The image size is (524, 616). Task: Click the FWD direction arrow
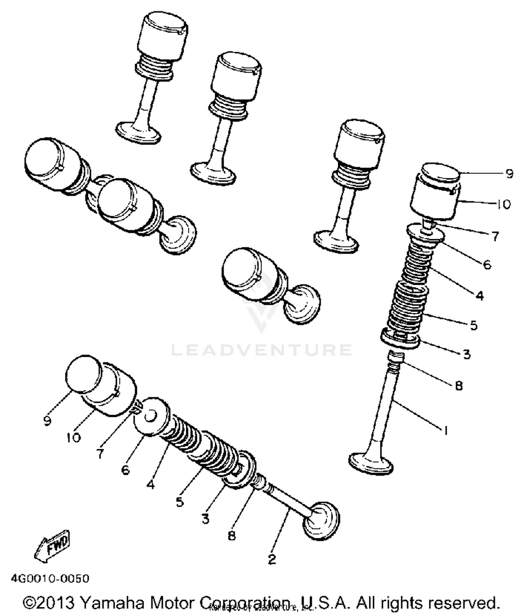[52, 546]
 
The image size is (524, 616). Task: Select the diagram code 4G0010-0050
[50, 578]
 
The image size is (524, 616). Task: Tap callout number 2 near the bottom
[272, 559]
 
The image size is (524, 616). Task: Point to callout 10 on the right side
[503, 204]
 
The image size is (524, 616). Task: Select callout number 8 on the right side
[459, 385]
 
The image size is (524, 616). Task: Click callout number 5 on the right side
[473, 325]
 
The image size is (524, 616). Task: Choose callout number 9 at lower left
[48, 420]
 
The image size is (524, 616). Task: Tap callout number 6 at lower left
[125, 469]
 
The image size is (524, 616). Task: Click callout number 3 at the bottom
[205, 518]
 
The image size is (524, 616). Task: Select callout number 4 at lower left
[151, 484]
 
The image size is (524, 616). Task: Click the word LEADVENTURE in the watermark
[261, 350]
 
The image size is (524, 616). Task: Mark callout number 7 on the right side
[495, 236]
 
